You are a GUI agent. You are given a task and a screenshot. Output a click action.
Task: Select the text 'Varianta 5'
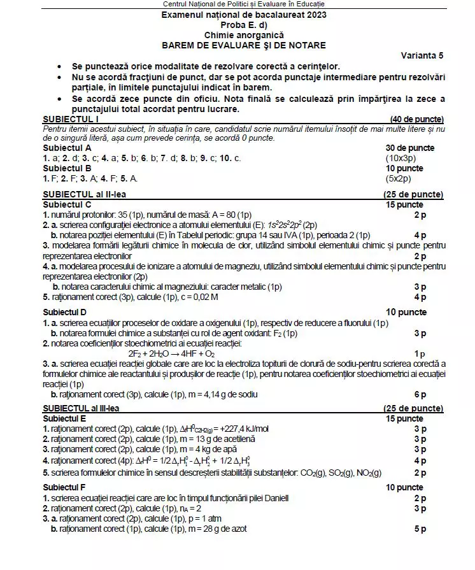coord(422,55)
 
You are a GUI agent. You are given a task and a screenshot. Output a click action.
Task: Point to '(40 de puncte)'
coord(416,119)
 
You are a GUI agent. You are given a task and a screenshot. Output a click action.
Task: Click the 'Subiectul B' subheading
coord(66,168)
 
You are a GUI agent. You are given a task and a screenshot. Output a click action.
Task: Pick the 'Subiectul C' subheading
coord(66,204)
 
